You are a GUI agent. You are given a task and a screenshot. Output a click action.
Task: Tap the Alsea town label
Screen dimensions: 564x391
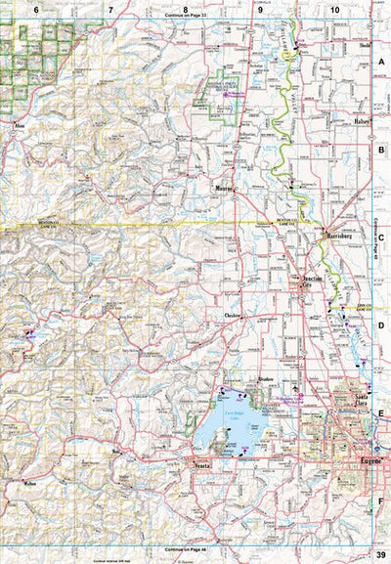[x=18, y=125]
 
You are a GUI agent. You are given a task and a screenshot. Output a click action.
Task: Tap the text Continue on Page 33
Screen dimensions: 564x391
[x=192, y=17]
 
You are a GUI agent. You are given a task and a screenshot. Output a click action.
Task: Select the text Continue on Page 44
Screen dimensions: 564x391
[x=192, y=549]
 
